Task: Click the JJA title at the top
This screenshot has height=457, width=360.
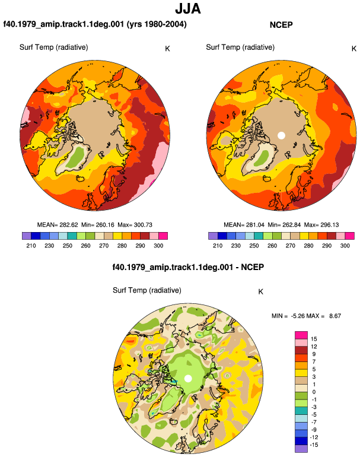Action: [x=188, y=8]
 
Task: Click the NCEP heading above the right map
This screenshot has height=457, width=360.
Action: [x=281, y=25]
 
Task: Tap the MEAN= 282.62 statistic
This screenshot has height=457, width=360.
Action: [x=58, y=225]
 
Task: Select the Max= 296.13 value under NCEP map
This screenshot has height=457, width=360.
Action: [x=321, y=225]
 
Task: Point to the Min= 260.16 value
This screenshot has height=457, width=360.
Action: [x=98, y=225]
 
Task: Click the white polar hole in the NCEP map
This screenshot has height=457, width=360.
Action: [x=281, y=135]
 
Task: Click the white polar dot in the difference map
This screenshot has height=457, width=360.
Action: [x=188, y=379]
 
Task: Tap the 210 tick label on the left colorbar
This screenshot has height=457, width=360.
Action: [x=31, y=246]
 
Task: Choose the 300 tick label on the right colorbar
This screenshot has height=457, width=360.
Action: [x=345, y=246]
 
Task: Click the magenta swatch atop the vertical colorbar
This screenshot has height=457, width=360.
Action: [x=301, y=335]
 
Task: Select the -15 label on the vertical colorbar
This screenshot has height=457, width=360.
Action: [x=314, y=445]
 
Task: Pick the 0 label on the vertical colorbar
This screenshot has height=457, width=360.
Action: [x=314, y=392]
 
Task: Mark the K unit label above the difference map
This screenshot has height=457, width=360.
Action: [x=261, y=292]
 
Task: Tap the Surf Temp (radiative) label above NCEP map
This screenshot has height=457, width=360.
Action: [x=240, y=47]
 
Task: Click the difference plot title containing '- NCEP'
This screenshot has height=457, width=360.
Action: [x=188, y=267]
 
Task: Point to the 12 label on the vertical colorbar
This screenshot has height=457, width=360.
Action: [x=314, y=347]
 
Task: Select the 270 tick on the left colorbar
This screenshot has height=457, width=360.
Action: [x=104, y=246]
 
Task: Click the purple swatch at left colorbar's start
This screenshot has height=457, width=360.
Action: [x=27, y=236]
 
